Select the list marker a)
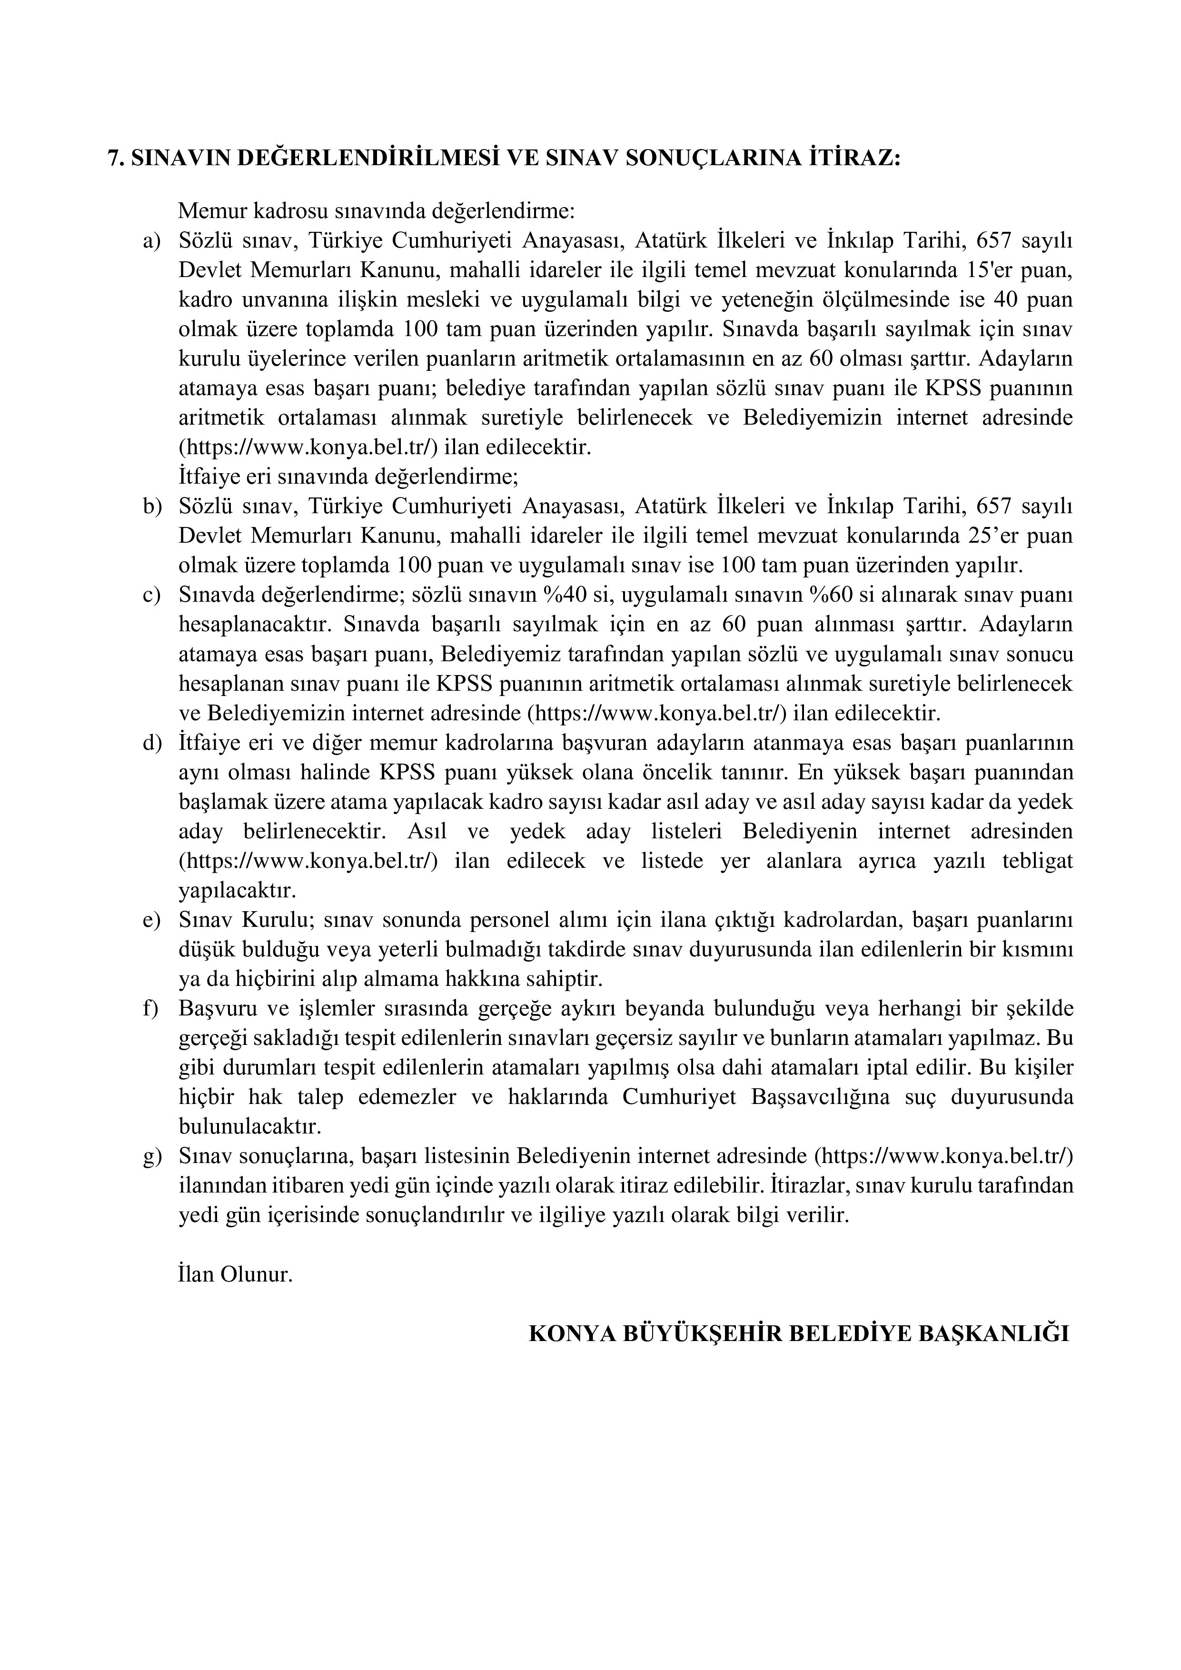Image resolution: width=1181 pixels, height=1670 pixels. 151,241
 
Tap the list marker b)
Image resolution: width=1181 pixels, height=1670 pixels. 151,506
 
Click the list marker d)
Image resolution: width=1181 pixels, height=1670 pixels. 151,743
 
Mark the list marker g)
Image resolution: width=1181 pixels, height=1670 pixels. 151,1157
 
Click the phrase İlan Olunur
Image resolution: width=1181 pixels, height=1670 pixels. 235,1275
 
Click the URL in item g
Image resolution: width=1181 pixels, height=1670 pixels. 943,1157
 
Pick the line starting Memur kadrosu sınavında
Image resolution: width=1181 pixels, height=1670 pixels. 376,211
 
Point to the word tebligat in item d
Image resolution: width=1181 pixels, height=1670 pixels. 1037,861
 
